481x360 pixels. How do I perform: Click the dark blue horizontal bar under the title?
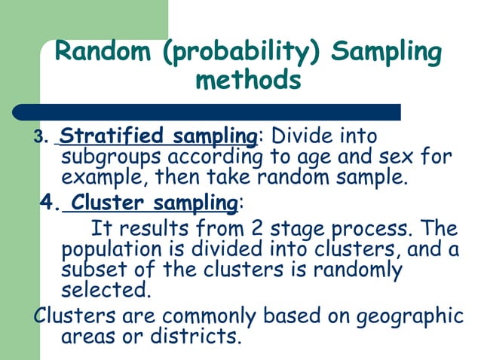tap(207, 112)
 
